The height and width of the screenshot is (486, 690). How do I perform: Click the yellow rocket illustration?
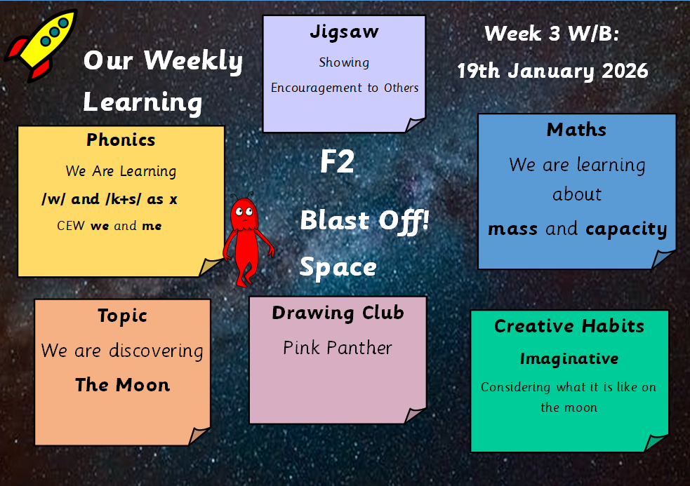(42, 44)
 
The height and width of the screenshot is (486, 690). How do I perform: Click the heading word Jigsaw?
(344, 32)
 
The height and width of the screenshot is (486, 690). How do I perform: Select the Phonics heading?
(121, 140)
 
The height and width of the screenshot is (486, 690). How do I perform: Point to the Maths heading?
(576, 130)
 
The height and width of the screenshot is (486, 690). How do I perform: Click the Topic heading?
(122, 316)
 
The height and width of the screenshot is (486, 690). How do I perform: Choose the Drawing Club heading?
(338, 313)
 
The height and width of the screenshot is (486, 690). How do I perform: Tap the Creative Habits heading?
(569, 326)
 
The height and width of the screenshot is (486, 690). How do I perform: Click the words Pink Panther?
(338, 348)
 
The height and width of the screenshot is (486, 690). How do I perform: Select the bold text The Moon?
(122, 385)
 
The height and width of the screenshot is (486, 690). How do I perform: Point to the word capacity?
(626, 229)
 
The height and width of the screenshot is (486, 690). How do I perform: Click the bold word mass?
(512, 229)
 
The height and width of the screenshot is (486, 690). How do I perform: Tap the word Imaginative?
(569, 359)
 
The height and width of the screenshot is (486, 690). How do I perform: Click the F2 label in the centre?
(337, 161)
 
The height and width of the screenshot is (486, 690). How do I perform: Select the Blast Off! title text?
(364, 221)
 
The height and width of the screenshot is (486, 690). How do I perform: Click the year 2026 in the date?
(625, 71)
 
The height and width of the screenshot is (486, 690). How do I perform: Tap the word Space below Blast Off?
(338, 267)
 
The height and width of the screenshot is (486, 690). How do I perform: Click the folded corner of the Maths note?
(663, 259)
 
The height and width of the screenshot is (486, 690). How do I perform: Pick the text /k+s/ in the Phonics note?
(124, 199)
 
